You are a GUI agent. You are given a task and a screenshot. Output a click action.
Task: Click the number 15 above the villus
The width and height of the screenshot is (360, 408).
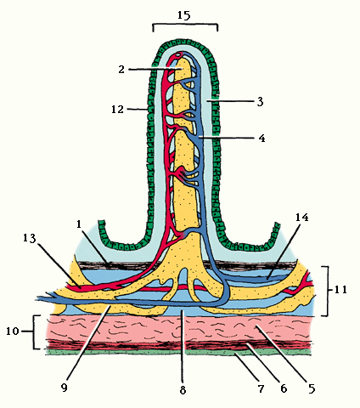click(184, 15)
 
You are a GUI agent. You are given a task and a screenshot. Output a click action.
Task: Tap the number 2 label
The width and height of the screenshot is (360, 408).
click(121, 69)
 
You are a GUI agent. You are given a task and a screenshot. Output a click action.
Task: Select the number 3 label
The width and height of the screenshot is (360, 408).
click(261, 101)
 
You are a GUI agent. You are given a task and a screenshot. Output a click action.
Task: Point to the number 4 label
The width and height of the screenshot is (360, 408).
click(262, 139)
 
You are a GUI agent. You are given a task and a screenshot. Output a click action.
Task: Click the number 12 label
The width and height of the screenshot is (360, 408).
click(117, 109)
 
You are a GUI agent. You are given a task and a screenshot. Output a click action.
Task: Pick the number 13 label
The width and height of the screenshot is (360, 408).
click(30, 239)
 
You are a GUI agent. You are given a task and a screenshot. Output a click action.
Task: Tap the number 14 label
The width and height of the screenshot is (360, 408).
click(302, 218)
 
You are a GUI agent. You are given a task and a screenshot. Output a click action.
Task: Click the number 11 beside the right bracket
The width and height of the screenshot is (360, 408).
click(340, 290)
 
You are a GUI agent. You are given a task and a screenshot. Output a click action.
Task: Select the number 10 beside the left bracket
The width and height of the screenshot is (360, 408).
click(13, 331)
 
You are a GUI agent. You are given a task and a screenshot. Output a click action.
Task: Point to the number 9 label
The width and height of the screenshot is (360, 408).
click(65, 388)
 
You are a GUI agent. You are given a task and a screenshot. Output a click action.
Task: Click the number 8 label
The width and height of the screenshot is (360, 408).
click(183, 390)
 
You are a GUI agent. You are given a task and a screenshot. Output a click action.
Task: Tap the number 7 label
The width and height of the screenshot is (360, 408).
click(261, 388)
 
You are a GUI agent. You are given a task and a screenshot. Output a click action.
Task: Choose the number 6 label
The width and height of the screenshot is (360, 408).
click(284, 388)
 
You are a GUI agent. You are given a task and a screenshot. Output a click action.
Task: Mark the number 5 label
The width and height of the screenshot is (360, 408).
click(312, 388)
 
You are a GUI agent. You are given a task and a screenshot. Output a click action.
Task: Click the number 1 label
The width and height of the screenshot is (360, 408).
click(79, 224)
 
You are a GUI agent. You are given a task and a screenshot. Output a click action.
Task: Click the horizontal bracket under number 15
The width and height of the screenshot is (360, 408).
click(185, 25)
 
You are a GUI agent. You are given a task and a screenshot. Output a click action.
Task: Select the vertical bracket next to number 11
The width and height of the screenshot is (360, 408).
click(329, 291)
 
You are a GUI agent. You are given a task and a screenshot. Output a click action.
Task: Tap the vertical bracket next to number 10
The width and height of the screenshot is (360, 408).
click(35, 331)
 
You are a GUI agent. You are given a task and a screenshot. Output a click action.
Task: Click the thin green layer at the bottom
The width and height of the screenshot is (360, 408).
click(178, 352)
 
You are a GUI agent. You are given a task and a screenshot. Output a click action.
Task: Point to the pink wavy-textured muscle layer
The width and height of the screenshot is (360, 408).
click(178, 328)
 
